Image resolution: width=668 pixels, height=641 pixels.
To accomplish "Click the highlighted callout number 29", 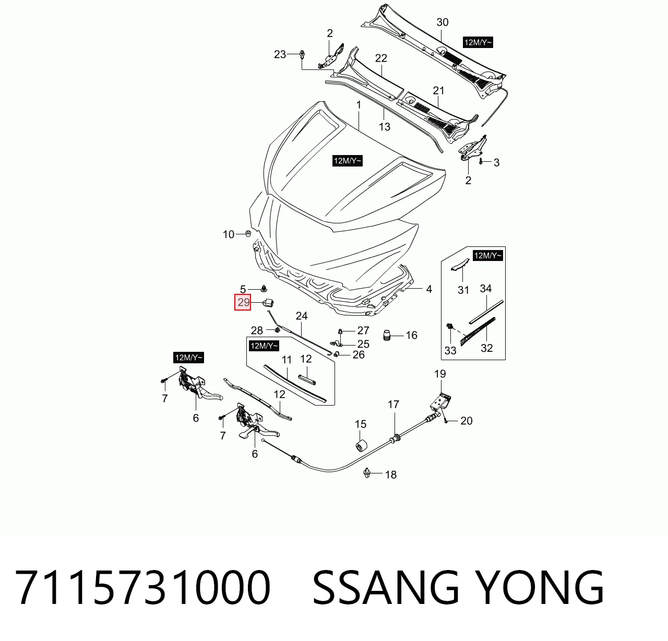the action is point(243,302).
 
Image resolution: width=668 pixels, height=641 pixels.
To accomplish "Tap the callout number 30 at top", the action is point(443,22).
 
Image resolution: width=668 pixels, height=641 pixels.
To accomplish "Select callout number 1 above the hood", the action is point(359,105).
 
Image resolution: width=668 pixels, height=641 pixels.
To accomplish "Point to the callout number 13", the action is point(385,127).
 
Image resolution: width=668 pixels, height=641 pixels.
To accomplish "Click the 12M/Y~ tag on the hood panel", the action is point(348,161).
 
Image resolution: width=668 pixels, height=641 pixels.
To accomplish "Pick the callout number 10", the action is point(229,234).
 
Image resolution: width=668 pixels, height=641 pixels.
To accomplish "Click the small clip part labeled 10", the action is point(248,233).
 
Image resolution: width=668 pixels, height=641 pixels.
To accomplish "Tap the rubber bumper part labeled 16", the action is point(387,335).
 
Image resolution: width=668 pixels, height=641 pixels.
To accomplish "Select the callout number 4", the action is point(429,289).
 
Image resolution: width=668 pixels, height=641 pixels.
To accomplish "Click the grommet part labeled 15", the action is point(361,445).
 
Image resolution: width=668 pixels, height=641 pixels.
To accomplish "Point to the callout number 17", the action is point(393,405).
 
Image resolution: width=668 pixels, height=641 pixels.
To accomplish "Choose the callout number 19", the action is point(440,374).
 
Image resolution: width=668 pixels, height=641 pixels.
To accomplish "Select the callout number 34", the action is point(486,289).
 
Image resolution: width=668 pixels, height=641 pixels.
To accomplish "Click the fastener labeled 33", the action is point(449,326).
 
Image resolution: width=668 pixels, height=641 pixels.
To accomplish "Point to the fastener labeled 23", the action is point(302,54).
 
